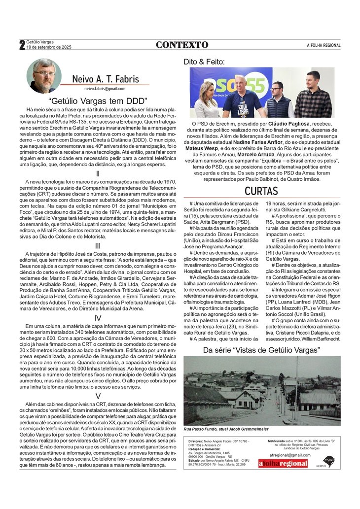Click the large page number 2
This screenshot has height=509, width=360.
point(22,45)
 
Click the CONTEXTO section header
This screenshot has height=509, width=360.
point(182,45)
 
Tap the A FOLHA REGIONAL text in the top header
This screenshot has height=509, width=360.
point(324,45)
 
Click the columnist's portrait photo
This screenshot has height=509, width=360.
point(44,76)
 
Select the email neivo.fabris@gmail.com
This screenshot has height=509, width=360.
point(105,89)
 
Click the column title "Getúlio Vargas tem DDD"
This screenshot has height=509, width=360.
point(98,101)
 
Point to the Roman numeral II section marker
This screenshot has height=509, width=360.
point(98,173)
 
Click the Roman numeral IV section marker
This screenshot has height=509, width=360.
point(98,318)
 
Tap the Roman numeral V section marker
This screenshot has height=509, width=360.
point(98,396)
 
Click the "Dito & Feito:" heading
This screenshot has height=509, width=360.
point(204,62)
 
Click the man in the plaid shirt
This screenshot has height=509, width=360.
point(313,96)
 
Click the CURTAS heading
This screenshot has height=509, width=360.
point(262,191)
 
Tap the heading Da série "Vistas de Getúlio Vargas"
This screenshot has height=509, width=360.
point(261,350)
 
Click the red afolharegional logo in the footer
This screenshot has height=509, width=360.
point(283,463)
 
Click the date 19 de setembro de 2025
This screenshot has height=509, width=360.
point(49,47)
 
